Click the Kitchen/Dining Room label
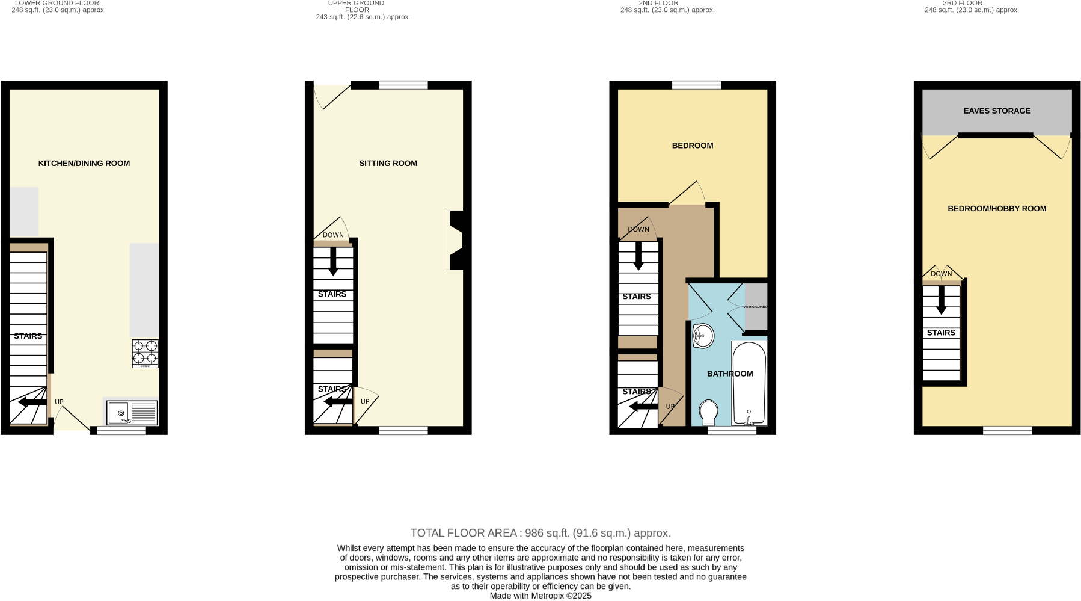click(84, 163)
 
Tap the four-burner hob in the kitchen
click(145, 353)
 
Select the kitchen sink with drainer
click(132, 413)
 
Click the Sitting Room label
click(388, 163)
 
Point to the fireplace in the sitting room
click(455, 240)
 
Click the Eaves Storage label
click(997, 111)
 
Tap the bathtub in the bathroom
click(749, 383)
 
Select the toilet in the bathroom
click(709, 413)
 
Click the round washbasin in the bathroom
click(703, 336)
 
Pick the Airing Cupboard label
click(756, 307)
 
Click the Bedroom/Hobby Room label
click(997, 209)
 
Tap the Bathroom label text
click(730, 374)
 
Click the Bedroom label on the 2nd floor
click(693, 146)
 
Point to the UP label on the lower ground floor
click(59, 402)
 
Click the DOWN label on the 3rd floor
click(942, 274)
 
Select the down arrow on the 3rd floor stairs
click(942, 300)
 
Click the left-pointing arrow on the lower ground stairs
click(32, 402)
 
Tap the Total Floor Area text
click(540, 533)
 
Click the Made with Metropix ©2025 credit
click(540, 596)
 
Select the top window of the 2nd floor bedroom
click(696, 85)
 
